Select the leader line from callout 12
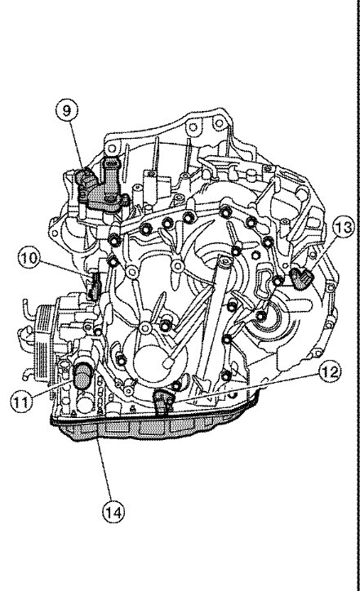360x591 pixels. tap(245, 385)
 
